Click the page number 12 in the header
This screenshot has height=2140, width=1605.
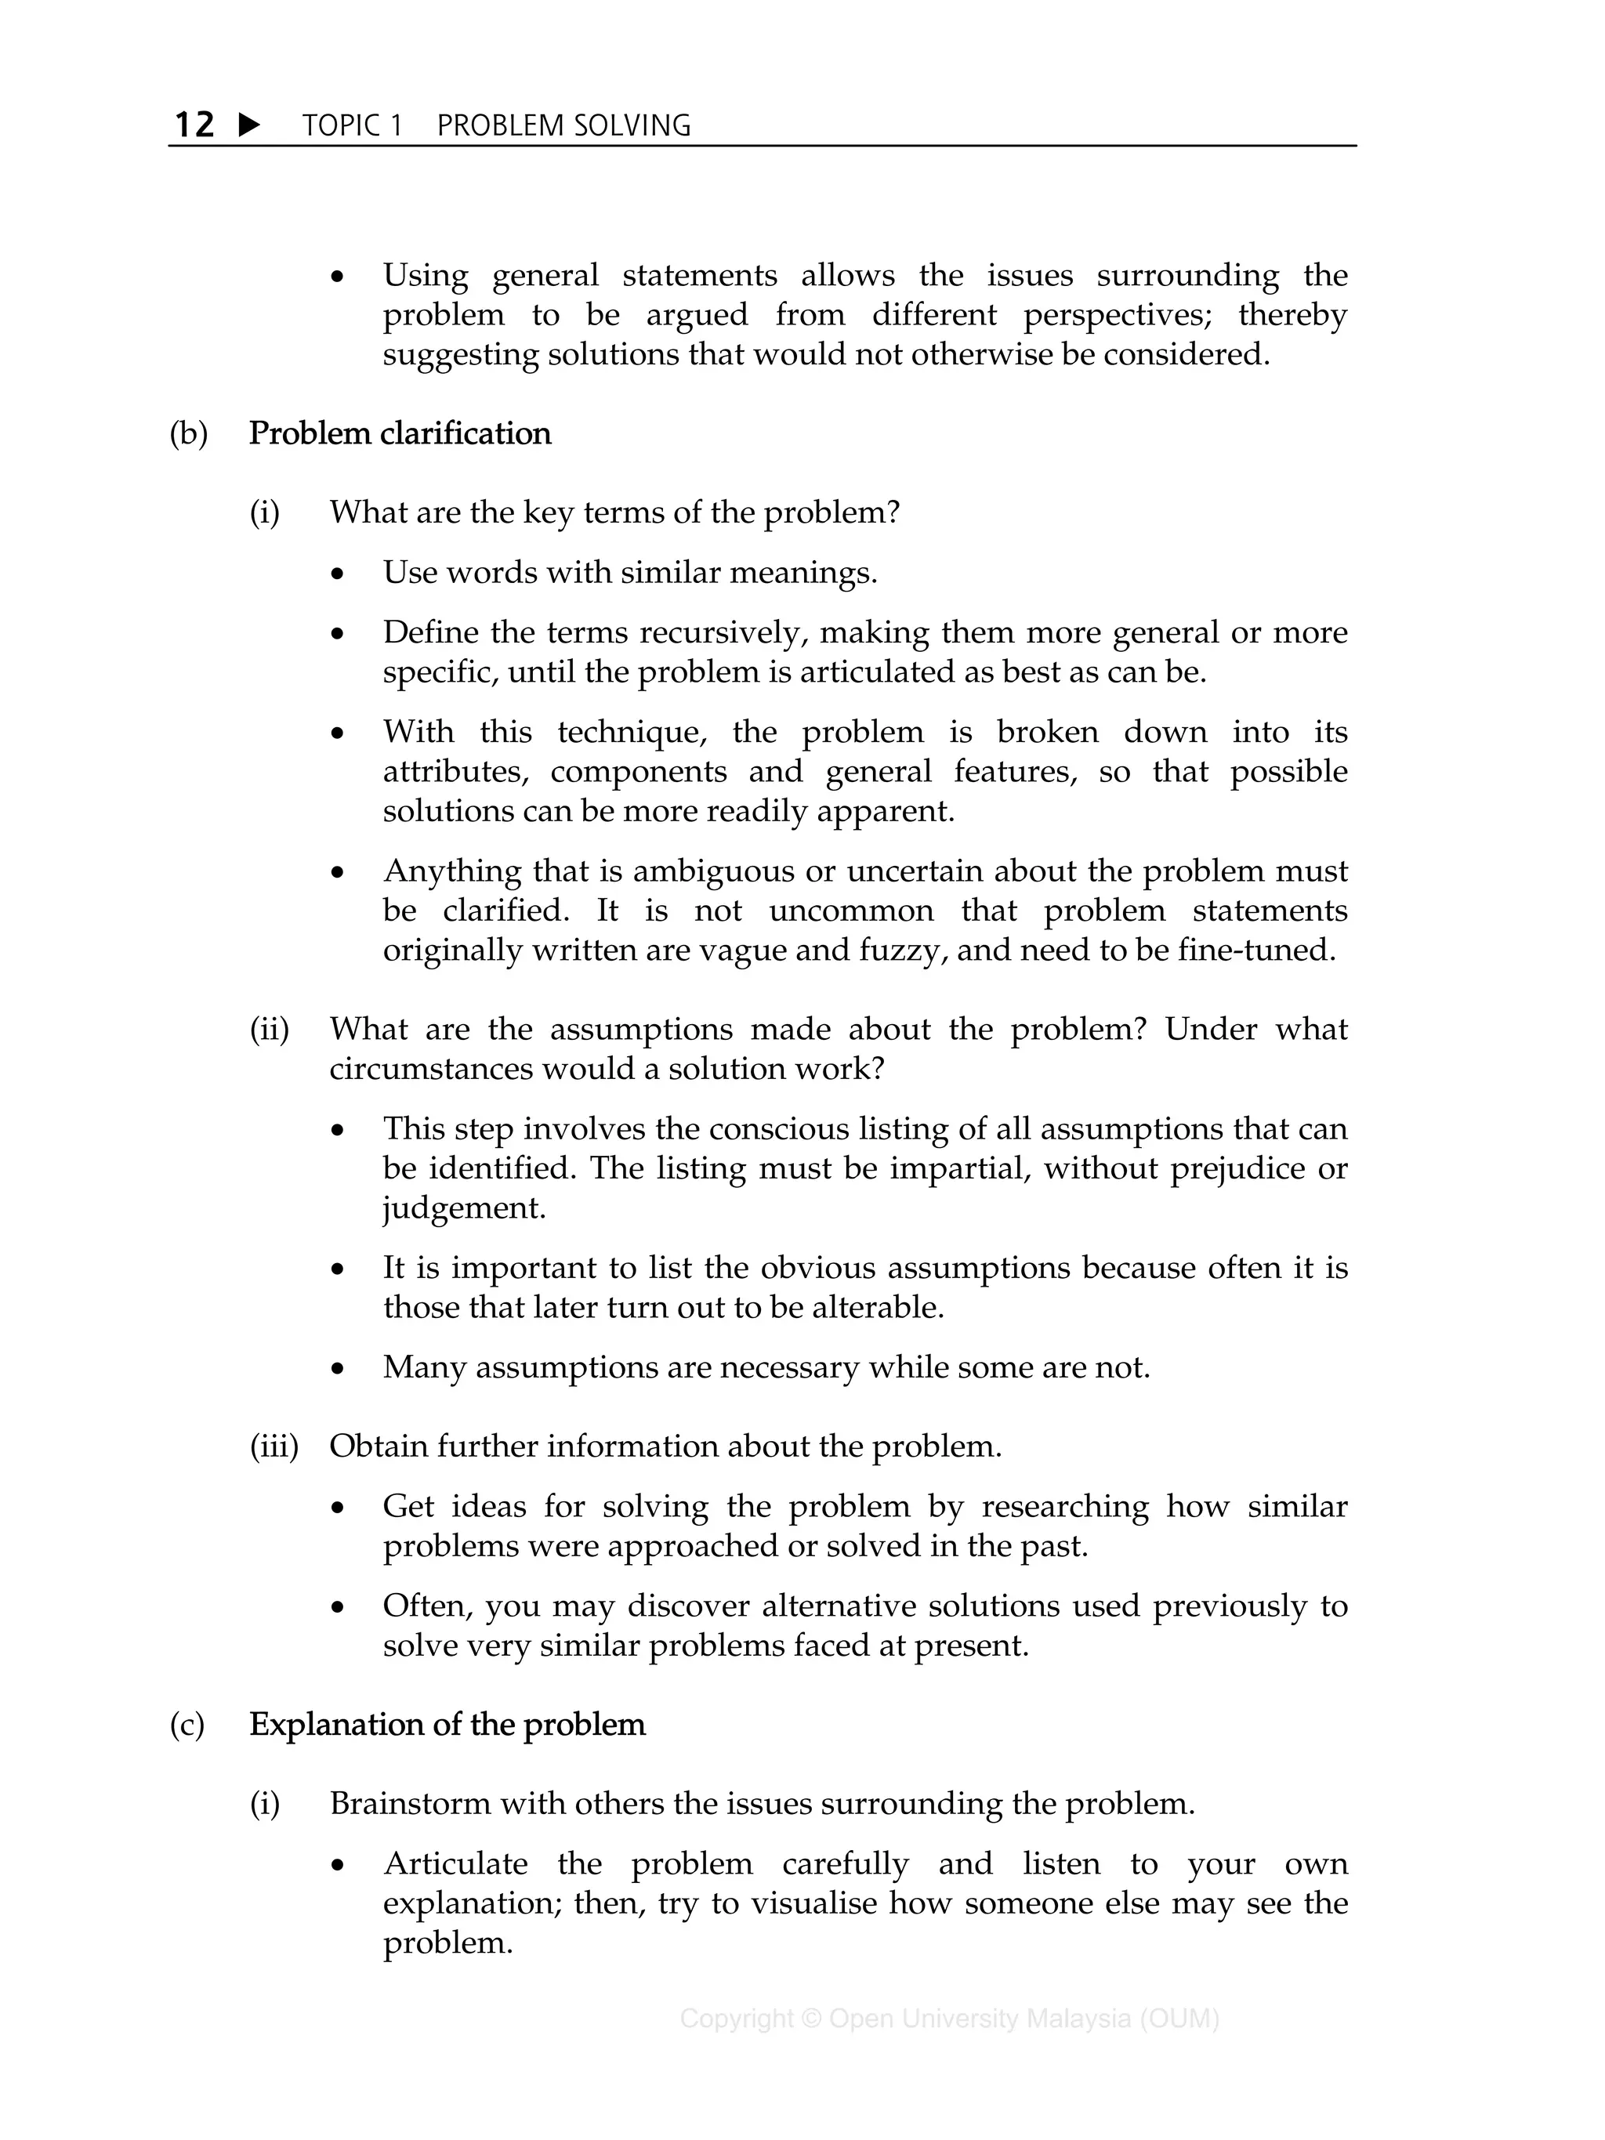[x=194, y=125]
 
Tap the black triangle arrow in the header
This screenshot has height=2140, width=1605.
[x=248, y=125]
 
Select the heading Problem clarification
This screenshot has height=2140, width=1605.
[x=400, y=433]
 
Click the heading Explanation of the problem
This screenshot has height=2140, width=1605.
[x=447, y=1725]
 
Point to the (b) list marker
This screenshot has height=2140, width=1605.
[x=189, y=433]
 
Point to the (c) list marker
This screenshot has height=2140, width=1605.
[x=187, y=1725]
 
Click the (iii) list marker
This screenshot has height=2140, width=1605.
[x=274, y=1447]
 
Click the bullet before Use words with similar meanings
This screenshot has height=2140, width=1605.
[x=337, y=574]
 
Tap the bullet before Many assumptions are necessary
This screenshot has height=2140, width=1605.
[x=337, y=1370]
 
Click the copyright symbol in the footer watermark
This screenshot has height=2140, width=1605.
[x=810, y=2019]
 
